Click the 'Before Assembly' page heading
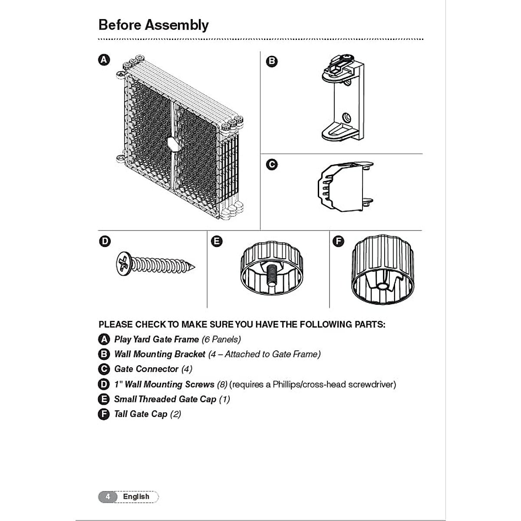click(153, 25)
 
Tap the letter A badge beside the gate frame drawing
click(104, 60)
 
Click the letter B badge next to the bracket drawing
click(272, 61)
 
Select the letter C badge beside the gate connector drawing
click(272, 165)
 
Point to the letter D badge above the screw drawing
click(105, 241)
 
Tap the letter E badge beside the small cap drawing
click(216, 241)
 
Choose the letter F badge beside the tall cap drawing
click(338, 241)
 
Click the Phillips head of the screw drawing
click(124, 264)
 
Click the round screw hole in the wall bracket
click(346, 117)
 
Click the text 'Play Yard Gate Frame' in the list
click(156, 340)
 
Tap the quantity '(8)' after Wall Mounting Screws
click(222, 384)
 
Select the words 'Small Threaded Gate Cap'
click(165, 399)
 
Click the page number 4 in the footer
click(108, 497)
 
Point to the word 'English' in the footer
click(136, 497)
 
